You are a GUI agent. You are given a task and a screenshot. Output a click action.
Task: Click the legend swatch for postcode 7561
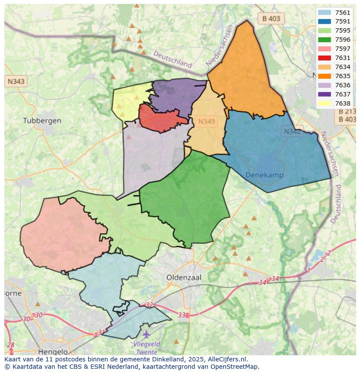[x=324, y=13]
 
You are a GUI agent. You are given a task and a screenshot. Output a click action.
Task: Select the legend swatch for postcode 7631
[x=324, y=58]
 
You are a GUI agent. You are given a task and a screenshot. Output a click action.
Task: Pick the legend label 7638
[x=343, y=103]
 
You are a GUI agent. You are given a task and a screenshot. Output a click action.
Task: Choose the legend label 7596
[x=343, y=40]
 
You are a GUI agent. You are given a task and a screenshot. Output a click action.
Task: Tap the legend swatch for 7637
[x=324, y=94]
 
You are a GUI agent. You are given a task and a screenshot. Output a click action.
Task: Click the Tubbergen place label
[x=42, y=120]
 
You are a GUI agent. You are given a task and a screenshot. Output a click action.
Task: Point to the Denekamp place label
[x=264, y=175]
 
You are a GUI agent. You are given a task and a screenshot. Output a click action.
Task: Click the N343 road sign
[x=16, y=81]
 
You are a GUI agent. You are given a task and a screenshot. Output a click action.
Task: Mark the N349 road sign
[x=207, y=122]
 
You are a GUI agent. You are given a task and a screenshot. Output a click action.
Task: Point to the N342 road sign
[x=292, y=131]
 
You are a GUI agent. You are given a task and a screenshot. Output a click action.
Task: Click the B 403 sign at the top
[x=271, y=19]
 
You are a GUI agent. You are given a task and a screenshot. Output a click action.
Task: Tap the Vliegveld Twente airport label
[x=147, y=348]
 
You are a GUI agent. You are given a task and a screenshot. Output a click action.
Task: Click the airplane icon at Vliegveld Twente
[x=146, y=334]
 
